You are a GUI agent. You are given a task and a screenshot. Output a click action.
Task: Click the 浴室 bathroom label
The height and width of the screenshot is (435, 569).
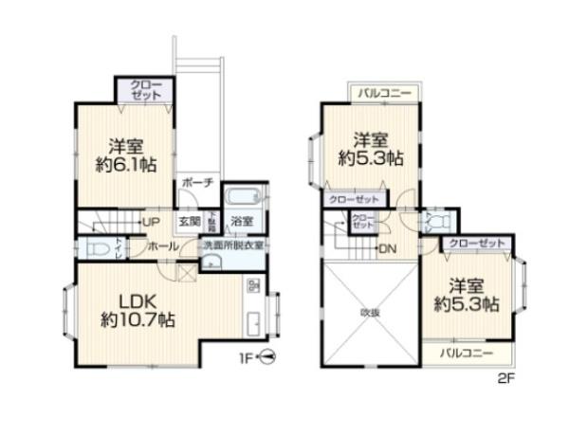point(242,222)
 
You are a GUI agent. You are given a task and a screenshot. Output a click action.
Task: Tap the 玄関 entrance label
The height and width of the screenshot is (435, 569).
point(189,222)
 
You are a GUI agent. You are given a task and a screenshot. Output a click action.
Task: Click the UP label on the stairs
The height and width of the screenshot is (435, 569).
point(150,222)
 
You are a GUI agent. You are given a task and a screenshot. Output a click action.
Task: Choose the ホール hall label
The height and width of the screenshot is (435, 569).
point(158,245)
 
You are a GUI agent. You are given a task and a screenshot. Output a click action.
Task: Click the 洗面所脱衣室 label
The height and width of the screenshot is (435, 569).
point(233,245)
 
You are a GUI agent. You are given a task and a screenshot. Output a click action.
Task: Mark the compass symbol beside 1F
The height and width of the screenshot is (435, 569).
point(268,358)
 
